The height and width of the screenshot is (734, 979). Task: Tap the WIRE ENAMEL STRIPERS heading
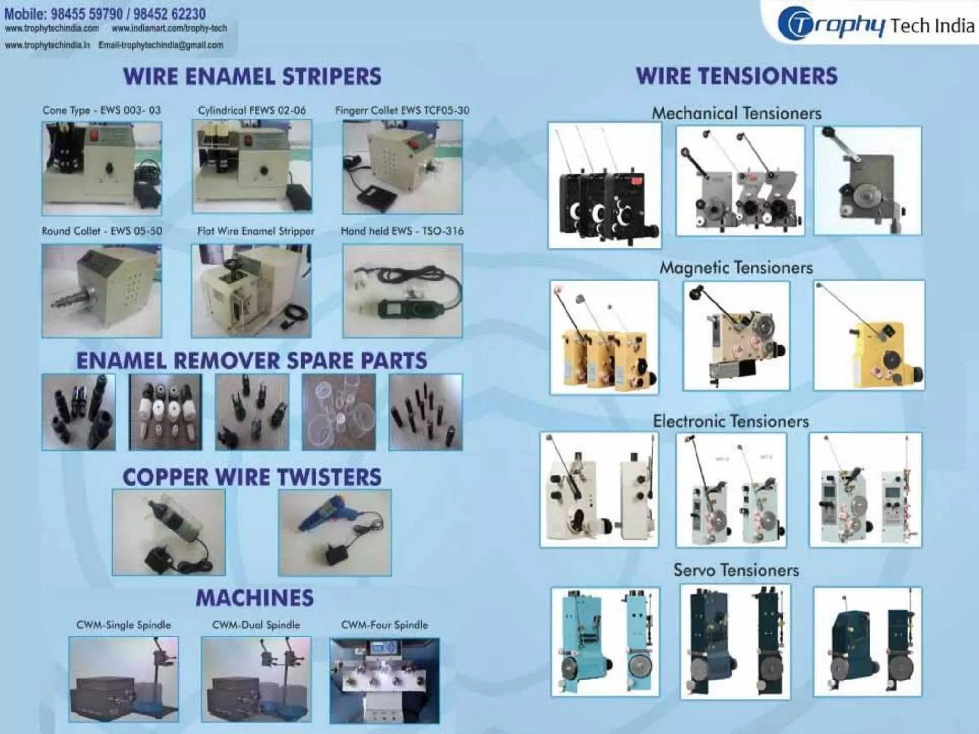point(252,77)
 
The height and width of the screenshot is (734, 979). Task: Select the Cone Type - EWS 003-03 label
point(101,110)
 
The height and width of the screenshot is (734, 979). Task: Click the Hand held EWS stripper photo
point(402,291)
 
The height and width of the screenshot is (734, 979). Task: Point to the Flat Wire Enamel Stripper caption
point(256,231)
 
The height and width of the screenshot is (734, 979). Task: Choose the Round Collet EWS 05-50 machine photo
point(101,291)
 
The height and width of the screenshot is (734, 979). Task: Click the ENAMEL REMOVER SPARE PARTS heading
point(252,361)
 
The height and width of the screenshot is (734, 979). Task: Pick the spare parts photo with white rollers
point(165,412)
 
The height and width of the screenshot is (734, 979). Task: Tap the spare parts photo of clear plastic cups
point(338,412)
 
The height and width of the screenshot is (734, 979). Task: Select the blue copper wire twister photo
point(335,532)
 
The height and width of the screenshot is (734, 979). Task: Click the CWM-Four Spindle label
point(384,625)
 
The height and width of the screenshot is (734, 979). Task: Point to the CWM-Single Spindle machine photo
point(123,679)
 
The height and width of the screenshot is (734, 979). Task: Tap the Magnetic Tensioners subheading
point(736,268)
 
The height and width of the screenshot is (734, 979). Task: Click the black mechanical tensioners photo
point(604,185)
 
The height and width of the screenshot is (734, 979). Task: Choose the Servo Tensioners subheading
point(736,570)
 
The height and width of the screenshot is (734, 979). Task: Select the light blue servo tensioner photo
point(605,642)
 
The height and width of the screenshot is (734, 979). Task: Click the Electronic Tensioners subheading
point(731,421)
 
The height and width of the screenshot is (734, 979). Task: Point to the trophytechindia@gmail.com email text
point(161,45)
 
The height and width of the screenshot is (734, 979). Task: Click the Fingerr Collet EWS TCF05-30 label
point(402,110)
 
